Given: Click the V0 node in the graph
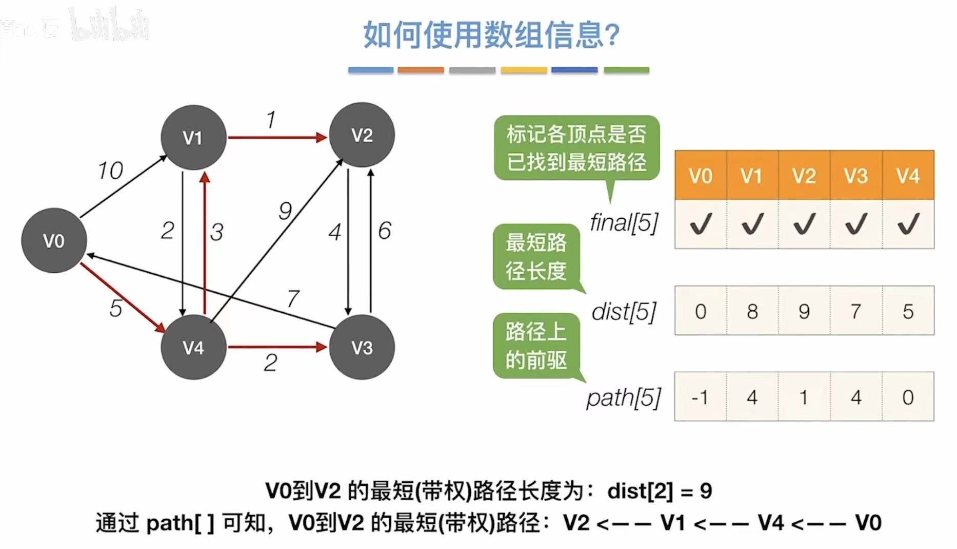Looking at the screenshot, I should click(x=54, y=240).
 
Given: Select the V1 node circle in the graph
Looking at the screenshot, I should click(x=193, y=137).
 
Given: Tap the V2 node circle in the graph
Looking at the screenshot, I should click(x=362, y=135).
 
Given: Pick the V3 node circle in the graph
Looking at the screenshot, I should click(x=362, y=347).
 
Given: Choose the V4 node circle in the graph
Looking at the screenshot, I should click(x=193, y=347).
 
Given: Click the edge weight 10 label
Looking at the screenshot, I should click(x=110, y=171).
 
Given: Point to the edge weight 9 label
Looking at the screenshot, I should click(x=285, y=211).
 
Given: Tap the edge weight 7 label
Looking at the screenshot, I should click(x=293, y=298).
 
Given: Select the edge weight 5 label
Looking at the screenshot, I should click(x=116, y=308).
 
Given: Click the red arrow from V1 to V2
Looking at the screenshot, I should click(x=277, y=137).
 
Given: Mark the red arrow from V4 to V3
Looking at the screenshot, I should click(x=277, y=347).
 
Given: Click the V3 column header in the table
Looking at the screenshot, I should click(x=855, y=176).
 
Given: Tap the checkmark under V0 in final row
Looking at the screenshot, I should click(x=701, y=224).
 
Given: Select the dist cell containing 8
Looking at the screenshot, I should click(x=752, y=311).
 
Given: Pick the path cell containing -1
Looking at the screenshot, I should click(x=701, y=397).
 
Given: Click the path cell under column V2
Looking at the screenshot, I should click(x=804, y=397).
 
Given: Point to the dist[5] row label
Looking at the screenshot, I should click(x=624, y=311).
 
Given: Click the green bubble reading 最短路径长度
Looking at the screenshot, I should click(x=536, y=256).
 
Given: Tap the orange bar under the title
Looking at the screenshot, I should click(x=421, y=70).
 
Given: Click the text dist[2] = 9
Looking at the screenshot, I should click(x=660, y=491).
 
